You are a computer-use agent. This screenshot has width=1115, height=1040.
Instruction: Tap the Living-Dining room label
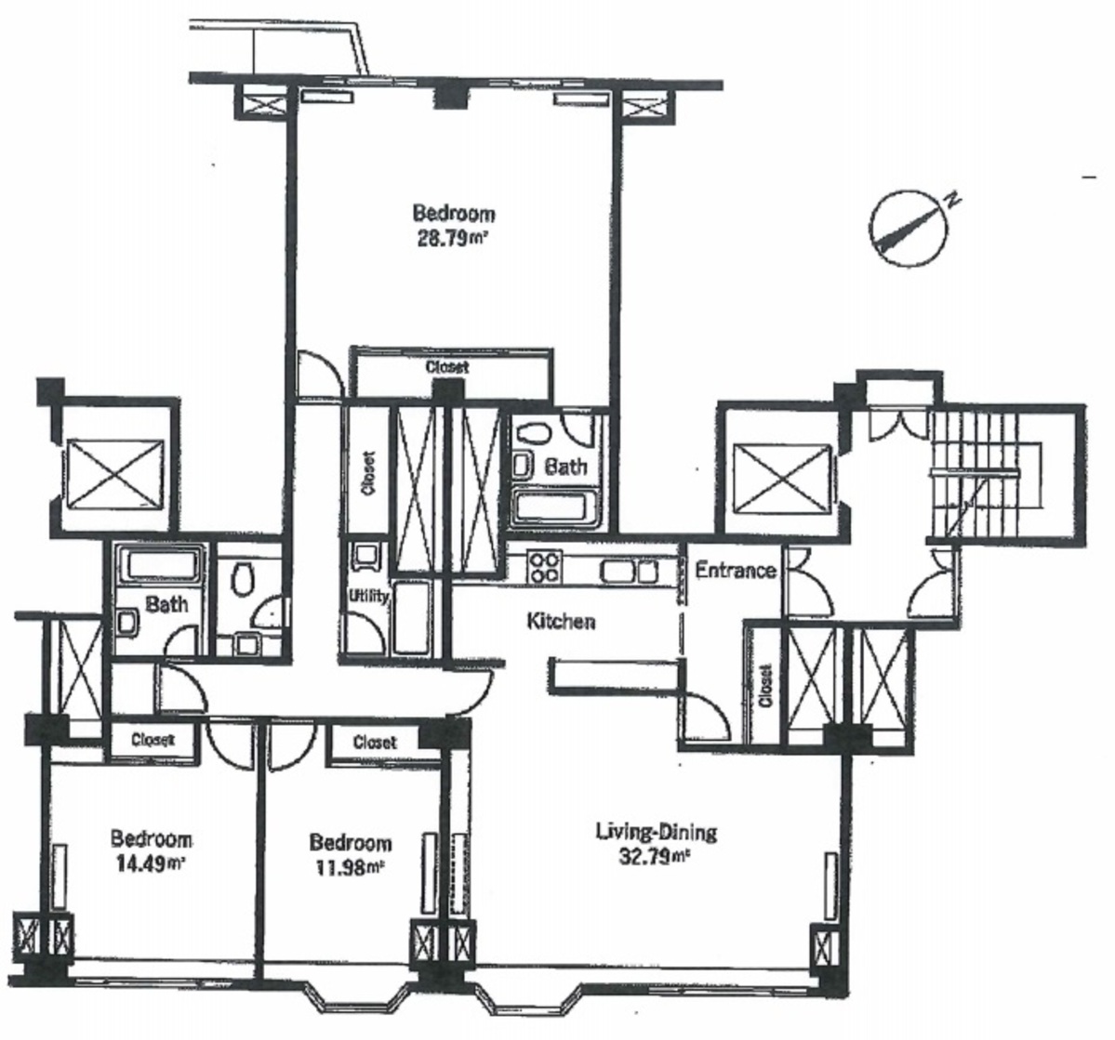coord(656,831)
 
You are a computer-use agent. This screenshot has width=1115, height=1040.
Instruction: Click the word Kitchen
coord(561,621)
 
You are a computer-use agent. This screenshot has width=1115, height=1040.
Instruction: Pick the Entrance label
coord(735,570)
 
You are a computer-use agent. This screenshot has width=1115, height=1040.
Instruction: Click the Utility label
coord(368,596)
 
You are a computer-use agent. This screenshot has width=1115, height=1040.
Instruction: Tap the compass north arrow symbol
coord(908,228)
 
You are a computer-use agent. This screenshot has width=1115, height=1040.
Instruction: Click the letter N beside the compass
coord(953,201)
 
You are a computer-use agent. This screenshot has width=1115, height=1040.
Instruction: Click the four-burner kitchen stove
coord(544,567)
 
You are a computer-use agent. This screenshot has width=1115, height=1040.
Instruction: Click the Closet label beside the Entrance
coord(765,686)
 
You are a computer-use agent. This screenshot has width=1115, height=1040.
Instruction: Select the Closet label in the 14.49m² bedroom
coord(153,739)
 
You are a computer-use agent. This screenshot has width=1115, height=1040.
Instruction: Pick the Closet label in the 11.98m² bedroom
coord(375,743)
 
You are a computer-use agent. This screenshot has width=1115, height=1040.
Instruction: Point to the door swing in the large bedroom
coord(319,374)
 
